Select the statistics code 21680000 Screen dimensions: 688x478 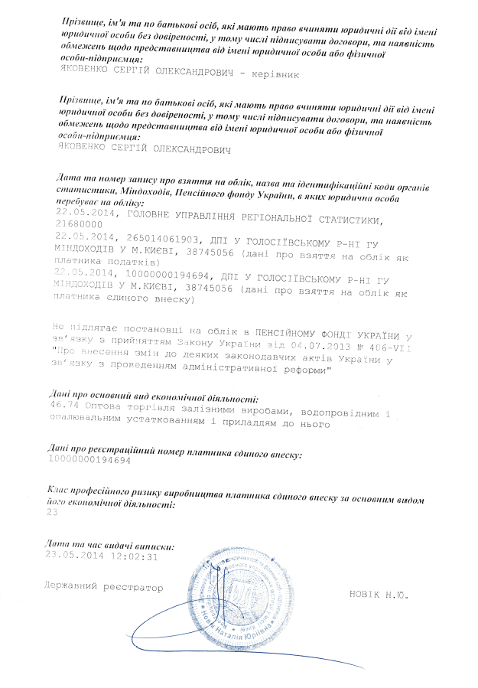tap(75, 226)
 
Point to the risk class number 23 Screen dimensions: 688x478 tap(53, 514)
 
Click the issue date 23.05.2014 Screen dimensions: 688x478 tap(74, 556)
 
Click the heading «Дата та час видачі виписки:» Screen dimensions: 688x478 tap(110, 546)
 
